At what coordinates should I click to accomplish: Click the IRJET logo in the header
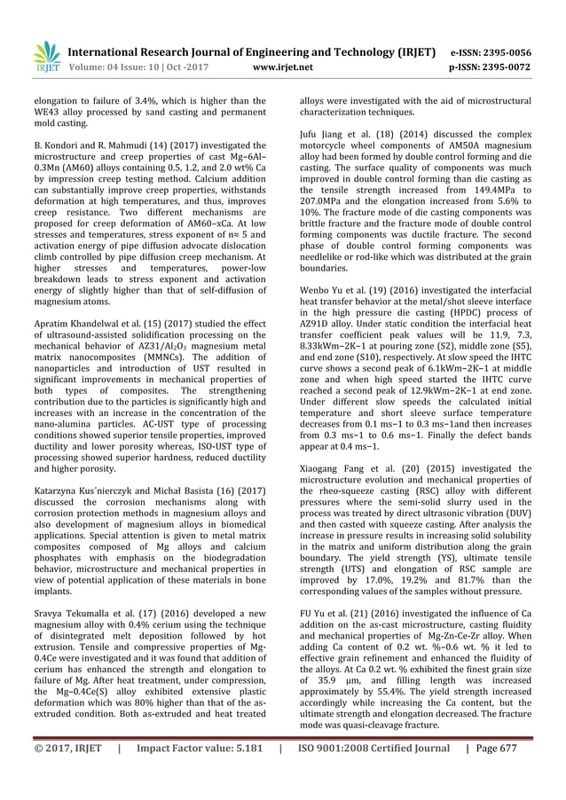point(45,57)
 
